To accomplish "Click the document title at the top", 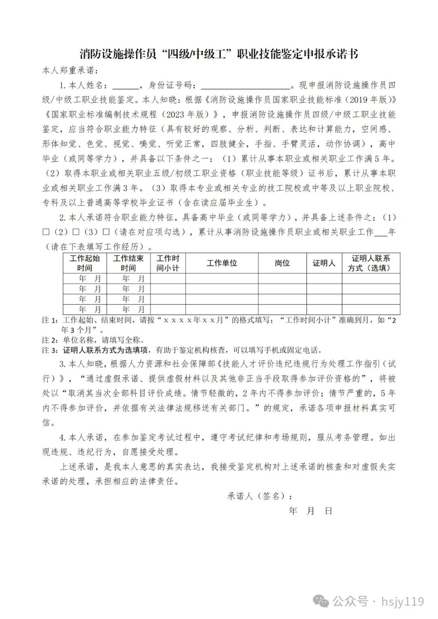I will tap(219, 54).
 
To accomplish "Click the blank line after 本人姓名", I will tap(125, 86).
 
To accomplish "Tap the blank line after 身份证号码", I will tap(246, 86).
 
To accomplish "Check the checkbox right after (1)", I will tap(46, 232).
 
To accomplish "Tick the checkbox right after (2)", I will tap(76, 232).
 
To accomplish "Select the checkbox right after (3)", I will tap(106, 232).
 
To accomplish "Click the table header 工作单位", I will tap(222, 263).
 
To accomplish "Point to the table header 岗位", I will tap(282, 263).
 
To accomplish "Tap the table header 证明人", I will tap(324, 263).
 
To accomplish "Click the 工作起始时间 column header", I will tap(84, 263).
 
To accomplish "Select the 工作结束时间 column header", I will tap(128, 263).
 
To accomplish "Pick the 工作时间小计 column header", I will tap(168, 263).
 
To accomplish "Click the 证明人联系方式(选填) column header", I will tap(371, 263).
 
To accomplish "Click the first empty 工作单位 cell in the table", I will tap(222, 278).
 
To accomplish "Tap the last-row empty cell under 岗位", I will tap(282, 310).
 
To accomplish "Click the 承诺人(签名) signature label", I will tap(260, 496).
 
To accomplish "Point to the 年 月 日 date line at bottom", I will tap(311, 511).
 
